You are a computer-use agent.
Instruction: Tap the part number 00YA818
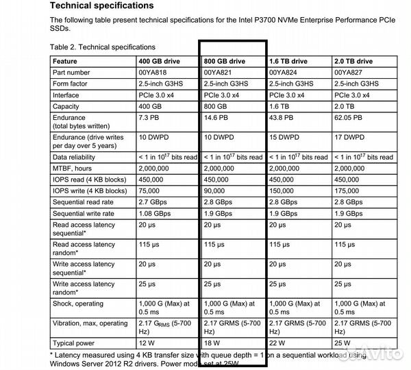coord(153,72)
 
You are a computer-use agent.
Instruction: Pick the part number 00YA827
coord(350,72)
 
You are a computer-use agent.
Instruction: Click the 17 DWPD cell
coord(352,137)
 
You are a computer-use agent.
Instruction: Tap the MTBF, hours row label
coord(75,168)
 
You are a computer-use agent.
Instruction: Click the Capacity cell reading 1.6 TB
coord(280,106)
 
